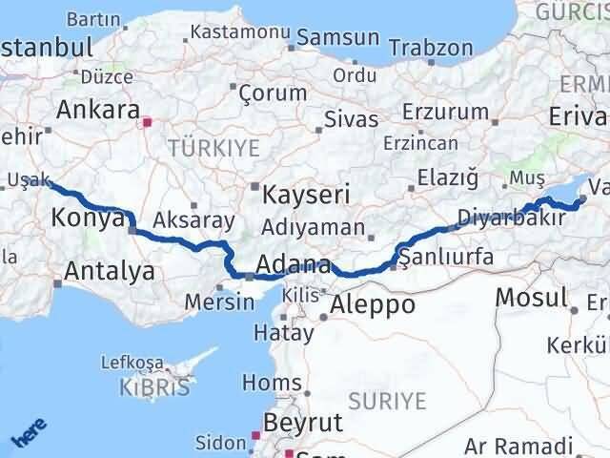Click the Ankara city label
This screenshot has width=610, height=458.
[x=97, y=109]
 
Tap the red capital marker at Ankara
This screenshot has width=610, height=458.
[x=146, y=122]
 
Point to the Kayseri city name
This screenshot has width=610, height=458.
[x=307, y=195]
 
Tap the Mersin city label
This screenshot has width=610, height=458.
[x=220, y=302]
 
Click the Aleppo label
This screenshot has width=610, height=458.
[x=373, y=304]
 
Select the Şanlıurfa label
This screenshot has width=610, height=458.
[x=445, y=258]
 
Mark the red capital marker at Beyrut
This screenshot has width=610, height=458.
[x=254, y=436]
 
